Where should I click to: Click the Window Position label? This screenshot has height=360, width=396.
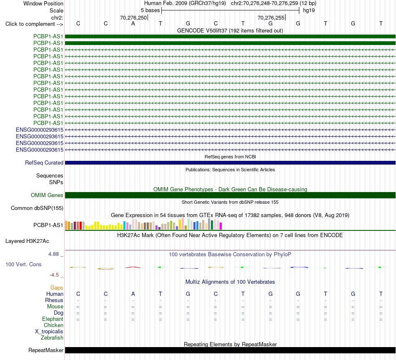pyautogui.click(x=43, y=3)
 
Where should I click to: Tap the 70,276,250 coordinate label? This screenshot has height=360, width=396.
pyautogui.click(x=133, y=17)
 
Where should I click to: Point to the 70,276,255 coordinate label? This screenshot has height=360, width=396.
pyautogui.click(x=271, y=17)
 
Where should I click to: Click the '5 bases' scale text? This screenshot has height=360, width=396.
pyautogui.click(x=150, y=10)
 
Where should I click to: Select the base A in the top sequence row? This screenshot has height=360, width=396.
pyautogui.click(x=133, y=24)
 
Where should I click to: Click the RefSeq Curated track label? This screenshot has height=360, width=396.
pyautogui.click(x=44, y=163)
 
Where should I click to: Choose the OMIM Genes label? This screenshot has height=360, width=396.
pyautogui.click(x=47, y=195)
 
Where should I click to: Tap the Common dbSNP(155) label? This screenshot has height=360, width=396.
pyautogui.click(x=37, y=208)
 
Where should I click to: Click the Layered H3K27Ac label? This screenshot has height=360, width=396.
pyautogui.click(x=27, y=241)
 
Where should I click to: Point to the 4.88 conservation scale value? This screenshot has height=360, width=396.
pyautogui.click(x=53, y=254)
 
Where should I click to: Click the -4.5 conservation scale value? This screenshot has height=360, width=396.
pyautogui.click(x=54, y=275)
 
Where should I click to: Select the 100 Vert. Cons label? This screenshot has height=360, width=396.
pyautogui.click(x=23, y=264)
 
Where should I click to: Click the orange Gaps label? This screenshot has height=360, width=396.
pyautogui.click(x=57, y=288)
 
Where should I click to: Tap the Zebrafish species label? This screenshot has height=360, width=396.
pyautogui.click(x=52, y=338)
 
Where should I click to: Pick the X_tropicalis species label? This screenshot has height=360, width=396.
pyautogui.click(x=49, y=332)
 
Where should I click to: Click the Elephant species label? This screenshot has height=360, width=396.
pyautogui.click(x=53, y=319)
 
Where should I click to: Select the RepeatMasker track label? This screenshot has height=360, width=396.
pyautogui.click(x=46, y=350)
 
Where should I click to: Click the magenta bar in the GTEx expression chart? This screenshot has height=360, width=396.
pyautogui.click(x=221, y=226)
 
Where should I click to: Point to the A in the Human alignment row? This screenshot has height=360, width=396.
pyautogui.click(x=133, y=294)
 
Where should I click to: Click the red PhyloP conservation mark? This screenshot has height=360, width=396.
pyautogui.click(x=133, y=267)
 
